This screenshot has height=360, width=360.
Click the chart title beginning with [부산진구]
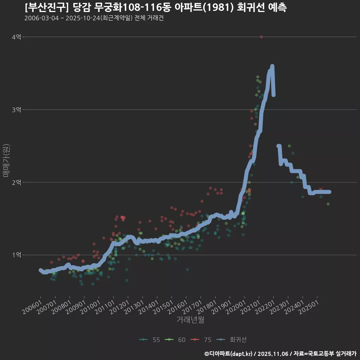pos(156,7)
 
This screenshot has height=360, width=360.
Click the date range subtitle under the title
pos(94,18)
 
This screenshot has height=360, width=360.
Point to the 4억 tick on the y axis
pos(16,37)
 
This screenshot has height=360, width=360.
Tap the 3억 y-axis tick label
pos(16,109)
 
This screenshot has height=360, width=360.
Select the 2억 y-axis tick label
pos(16,182)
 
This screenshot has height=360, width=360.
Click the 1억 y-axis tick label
pos(16,255)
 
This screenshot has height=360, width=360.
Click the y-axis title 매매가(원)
pos(6,160)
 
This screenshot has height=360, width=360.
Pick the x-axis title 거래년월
pos(190,320)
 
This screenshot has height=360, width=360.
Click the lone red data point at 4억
pos(261,37)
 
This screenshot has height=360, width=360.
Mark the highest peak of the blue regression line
pos(272,66)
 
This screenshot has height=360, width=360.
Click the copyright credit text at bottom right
pos(280,354)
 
